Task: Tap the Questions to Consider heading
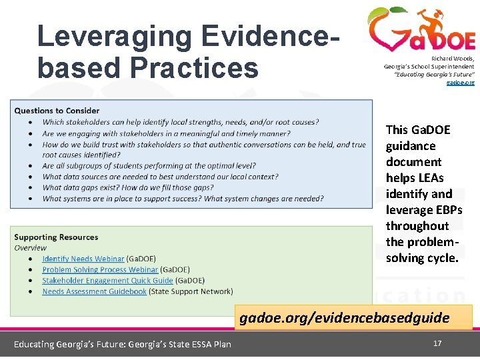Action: (57, 111)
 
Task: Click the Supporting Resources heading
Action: (56, 237)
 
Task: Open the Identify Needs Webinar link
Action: (83, 259)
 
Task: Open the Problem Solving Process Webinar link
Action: (100, 270)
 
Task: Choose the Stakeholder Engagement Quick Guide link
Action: (107, 281)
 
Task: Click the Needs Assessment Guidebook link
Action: (94, 291)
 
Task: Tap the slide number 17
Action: (437, 343)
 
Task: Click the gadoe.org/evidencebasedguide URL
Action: (345, 317)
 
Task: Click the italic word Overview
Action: (30, 247)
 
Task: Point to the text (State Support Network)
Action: (191, 291)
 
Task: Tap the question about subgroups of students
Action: (149, 166)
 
